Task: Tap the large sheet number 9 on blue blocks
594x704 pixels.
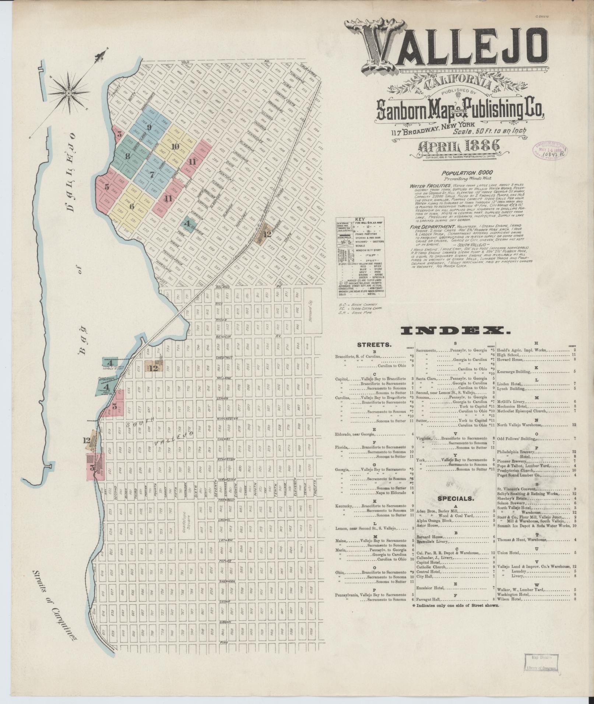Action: pyautogui.click(x=149, y=128)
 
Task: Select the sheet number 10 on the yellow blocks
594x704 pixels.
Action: pyautogui.click(x=175, y=146)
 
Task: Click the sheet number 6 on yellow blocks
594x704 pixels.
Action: pyautogui.click(x=131, y=206)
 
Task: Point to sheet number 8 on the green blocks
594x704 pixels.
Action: pyautogui.click(x=127, y=156)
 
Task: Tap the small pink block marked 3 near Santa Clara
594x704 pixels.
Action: pyautogui.click(x=119, y=134)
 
